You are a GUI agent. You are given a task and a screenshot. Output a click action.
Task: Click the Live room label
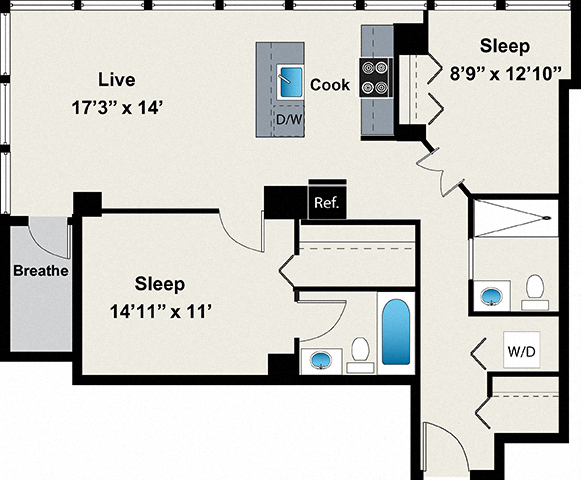[116, 79]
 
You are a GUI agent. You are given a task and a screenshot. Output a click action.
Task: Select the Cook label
[330, 85]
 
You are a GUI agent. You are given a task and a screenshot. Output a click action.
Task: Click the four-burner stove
[375, 78]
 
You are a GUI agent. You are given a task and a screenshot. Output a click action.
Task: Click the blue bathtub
[396, 332]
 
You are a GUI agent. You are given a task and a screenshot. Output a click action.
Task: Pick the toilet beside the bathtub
[360, 350]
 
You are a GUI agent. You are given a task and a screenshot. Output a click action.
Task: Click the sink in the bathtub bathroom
[321, 359]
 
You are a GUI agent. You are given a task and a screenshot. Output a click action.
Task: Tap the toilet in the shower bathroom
[535, 288]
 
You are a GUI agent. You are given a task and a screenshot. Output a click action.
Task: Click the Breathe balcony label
[40, 270]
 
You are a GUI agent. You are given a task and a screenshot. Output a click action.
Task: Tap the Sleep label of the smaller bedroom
[504, 46]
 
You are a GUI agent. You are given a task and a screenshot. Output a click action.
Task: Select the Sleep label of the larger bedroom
[160, 284]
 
